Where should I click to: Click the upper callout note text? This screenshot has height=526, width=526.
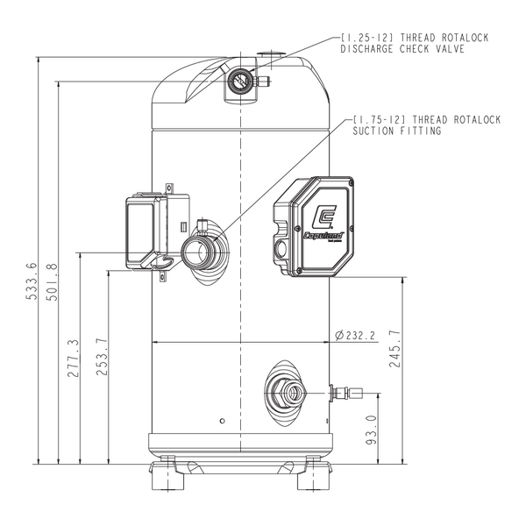413,44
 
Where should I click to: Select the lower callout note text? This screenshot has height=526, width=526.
425,124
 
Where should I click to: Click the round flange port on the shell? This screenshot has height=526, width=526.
206,248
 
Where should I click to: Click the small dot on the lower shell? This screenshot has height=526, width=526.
223,421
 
